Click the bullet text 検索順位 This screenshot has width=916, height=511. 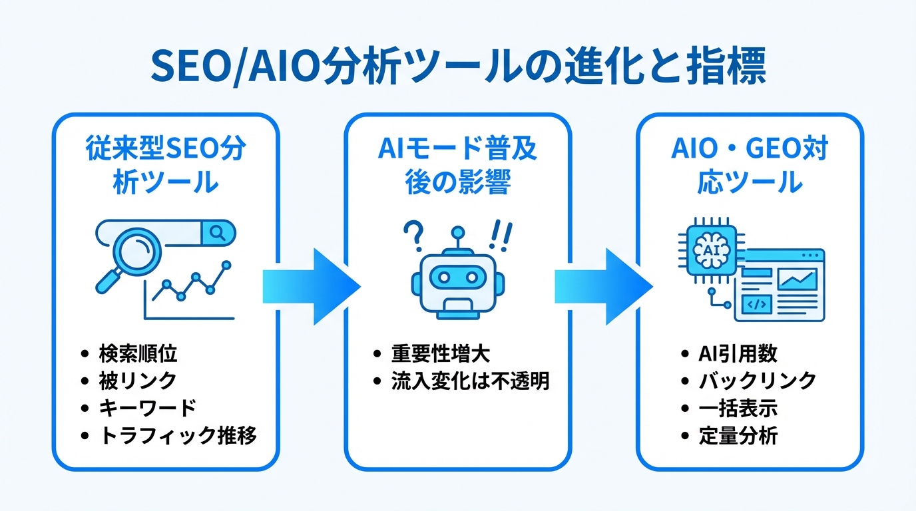pyautogui.click(x=138, y=353)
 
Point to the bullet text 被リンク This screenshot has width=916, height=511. pyautogui.click(x=138, y=381)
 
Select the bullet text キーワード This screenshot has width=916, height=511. pyautogui.click(x=147, y=408)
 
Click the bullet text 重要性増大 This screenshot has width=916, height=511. pyautogui.click(x=441, y=353)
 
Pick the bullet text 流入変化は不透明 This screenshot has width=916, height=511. pyautogui.click(x=469, y=381)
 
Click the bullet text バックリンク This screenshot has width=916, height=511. pyautogui.click(x=757, y=381)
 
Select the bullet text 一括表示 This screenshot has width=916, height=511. pyautogui.click(x=738, y=408)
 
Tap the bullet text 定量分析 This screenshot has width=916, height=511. pyautogui.click(x=738, y=436)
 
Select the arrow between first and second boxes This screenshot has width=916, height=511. pyautogui.click(x=312, y=286)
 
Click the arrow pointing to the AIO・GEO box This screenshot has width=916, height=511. pyautogui.click(x=603, y=286)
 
